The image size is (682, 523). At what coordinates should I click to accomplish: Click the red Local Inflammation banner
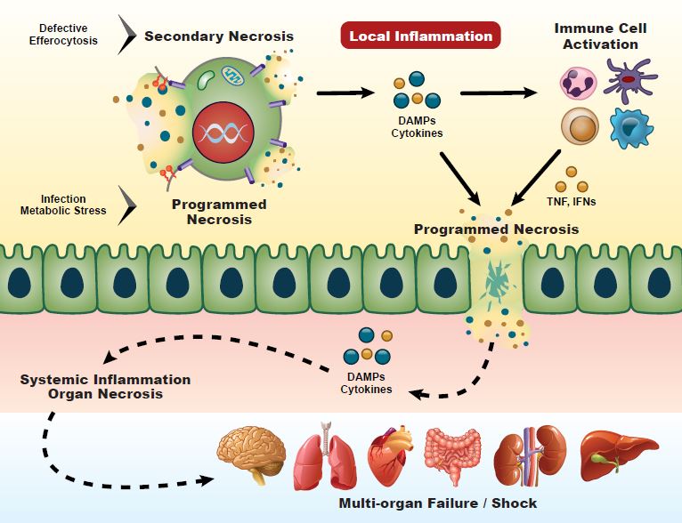420,36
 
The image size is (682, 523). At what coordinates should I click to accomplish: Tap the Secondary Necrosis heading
219,36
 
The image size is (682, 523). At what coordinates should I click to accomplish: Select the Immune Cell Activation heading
601,36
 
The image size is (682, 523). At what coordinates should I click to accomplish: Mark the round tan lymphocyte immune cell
580,126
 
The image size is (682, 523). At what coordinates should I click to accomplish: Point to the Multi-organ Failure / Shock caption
438,503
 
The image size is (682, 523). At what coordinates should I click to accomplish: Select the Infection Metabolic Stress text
63,205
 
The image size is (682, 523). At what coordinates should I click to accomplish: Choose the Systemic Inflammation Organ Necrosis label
105,386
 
